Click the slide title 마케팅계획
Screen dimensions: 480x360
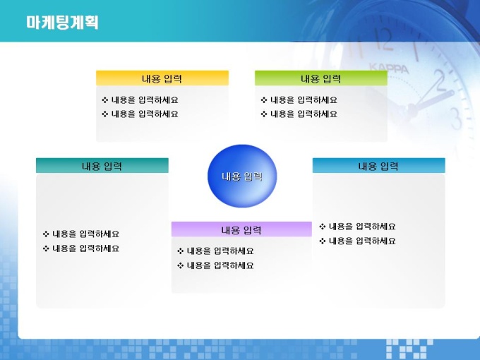click(62, 23)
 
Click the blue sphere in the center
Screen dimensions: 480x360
click(242, 176)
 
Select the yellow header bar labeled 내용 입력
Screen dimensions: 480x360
click(162, 78)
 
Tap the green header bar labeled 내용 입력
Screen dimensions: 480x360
click(321, 78)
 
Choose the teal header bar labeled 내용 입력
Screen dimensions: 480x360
click(102, 166)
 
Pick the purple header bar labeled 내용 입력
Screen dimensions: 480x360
click(241, 229)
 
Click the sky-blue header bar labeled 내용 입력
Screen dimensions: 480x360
click(378, 166)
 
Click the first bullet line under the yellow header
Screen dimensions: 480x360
click(140, 100)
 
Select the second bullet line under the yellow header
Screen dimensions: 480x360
click(140, 114)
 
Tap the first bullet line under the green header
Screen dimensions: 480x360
click(299, 100)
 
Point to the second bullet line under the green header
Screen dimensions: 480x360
click(299, 114)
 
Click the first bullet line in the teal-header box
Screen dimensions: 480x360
click(80, 234)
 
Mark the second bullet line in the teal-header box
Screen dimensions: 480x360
click(80, 248)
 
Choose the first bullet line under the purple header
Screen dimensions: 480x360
click(215, 251)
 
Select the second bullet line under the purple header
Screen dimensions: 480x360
click(215, 265)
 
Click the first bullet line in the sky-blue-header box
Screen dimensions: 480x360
click(357, 227)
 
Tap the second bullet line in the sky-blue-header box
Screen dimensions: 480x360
click(357, 241)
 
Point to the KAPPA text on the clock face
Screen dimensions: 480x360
click(389, 68)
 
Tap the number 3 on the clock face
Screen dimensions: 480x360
click(456, 118)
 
